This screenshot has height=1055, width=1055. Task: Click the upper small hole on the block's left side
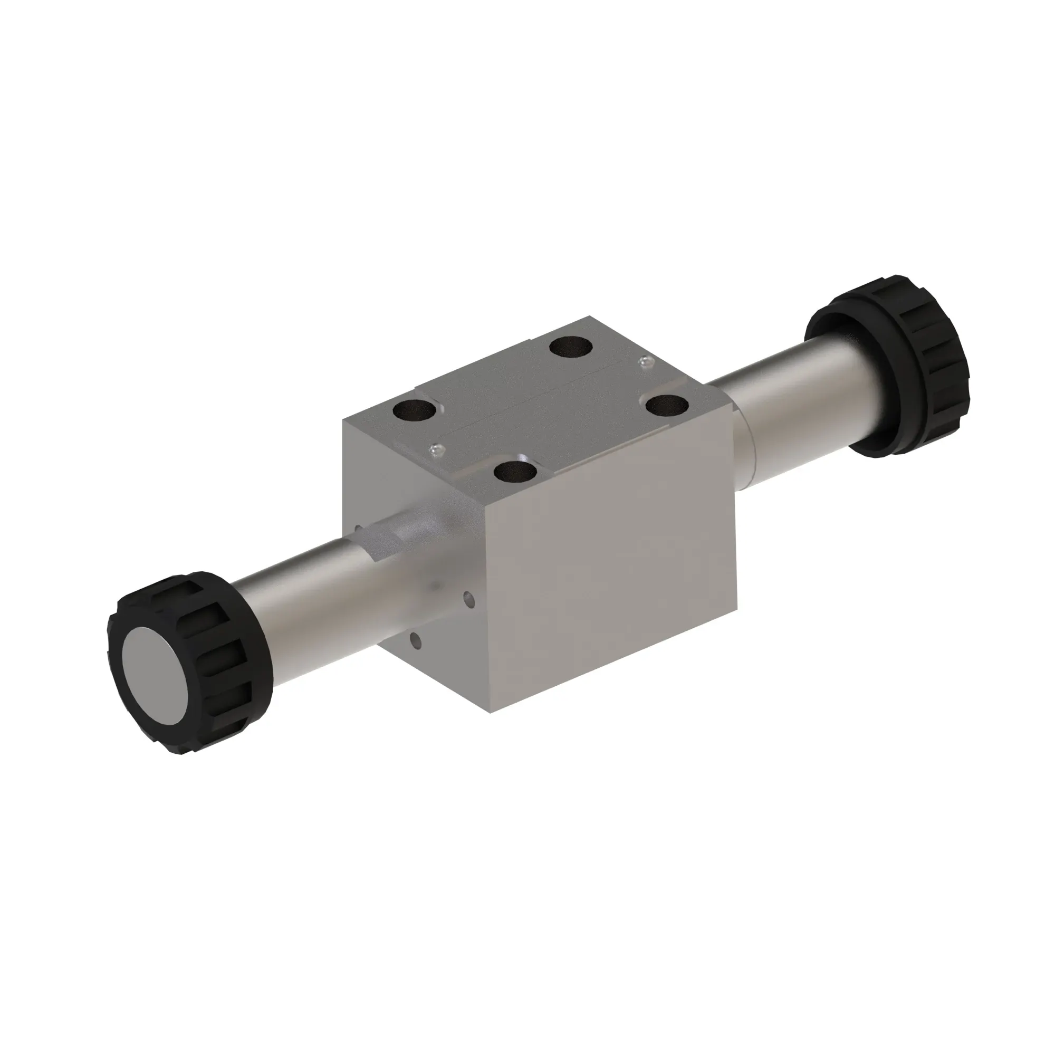468,601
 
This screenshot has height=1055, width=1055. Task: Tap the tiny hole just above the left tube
358,528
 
